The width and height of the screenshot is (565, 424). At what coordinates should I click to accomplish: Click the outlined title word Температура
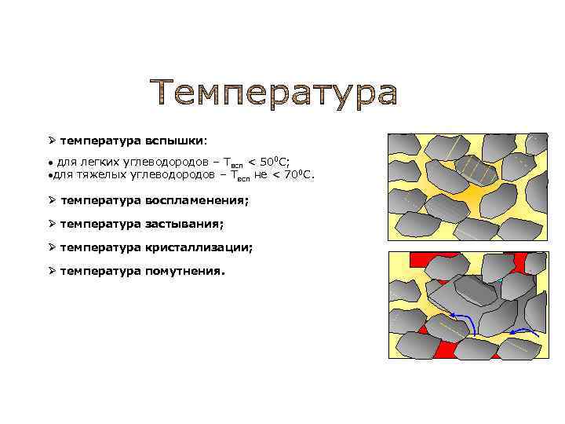click(x=273, y=93)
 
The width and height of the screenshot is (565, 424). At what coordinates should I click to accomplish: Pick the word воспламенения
click(x=196, y=200)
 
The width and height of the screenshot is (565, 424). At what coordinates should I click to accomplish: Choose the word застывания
click(x=184, y=224)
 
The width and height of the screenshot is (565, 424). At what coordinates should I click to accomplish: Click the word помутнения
click(x=184, y=271)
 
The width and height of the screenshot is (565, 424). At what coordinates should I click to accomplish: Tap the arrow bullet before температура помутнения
click(x=51, y=271)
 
